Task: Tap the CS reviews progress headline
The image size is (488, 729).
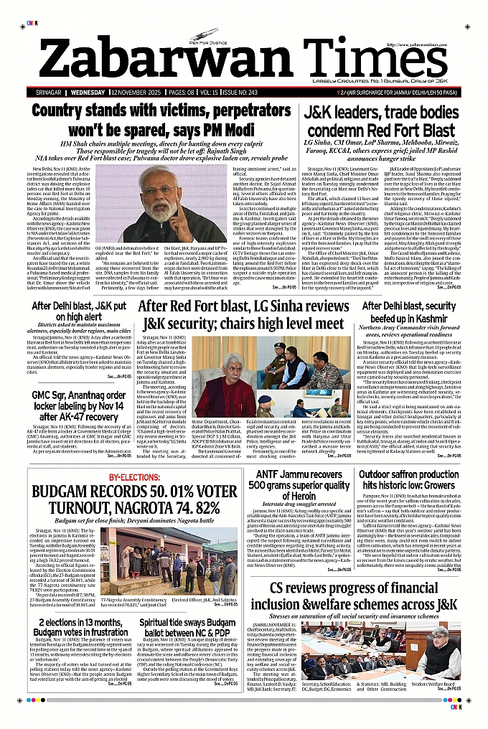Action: (363, 597)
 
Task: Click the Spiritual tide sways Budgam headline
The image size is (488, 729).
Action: (184, 627)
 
